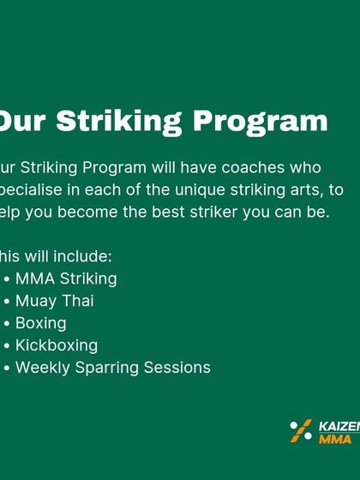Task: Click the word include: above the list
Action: point(82,256)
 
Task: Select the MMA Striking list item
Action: point(66,279)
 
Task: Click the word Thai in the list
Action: point(77,301)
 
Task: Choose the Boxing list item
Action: point(40,323)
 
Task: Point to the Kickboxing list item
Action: point(57,345)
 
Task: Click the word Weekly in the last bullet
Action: point(39,368)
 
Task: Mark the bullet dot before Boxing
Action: point(7,324)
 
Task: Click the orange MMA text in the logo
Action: point(335,438)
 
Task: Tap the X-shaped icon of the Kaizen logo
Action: point(301,431)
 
